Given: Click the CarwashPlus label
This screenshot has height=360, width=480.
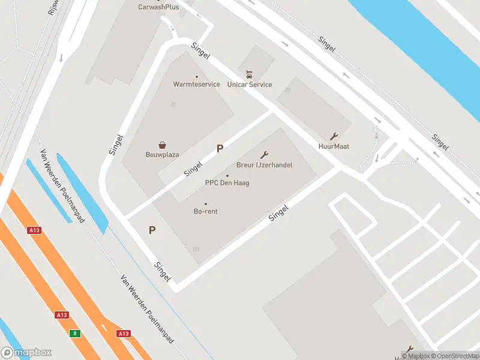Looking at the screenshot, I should (158, 7).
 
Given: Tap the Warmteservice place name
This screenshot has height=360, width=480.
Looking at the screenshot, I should (196, 85).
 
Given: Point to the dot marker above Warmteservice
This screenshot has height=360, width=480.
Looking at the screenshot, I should (196, 77).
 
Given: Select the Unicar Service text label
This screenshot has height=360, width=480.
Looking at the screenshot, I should (250, 85).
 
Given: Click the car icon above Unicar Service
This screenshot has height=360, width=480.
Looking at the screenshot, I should (250, 75).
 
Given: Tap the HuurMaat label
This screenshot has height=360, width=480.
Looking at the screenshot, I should (334, 146).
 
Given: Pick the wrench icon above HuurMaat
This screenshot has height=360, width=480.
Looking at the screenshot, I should (334, 136).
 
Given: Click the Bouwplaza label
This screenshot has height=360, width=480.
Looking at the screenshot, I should (162, 155).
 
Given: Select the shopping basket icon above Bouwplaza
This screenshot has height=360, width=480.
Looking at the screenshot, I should (162, 145).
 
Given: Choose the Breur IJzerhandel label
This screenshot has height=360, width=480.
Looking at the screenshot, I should (264, 165).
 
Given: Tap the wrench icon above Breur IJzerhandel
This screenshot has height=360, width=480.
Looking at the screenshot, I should (264, 155).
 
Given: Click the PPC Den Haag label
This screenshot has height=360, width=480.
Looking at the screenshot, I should (227, 183).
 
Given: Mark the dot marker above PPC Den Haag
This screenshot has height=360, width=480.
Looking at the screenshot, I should (227, 175).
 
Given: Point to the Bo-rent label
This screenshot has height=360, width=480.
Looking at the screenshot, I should (205, 211).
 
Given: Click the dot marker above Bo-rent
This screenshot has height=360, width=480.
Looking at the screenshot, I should (205, 204).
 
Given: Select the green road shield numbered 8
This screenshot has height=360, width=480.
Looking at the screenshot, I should (74, 334).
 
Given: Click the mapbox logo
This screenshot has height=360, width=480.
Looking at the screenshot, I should (26, 353).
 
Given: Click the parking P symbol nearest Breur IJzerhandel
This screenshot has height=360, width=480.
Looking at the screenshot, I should (220, 148).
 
